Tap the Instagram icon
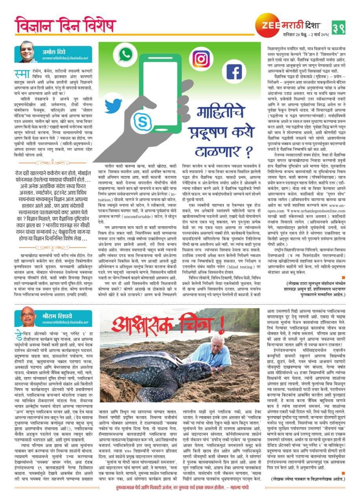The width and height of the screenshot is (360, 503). [201, 59]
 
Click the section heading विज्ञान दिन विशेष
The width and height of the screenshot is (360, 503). [65, 25]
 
